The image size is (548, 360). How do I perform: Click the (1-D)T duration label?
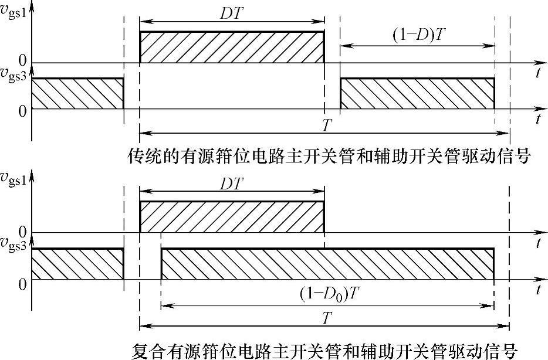[419, 36]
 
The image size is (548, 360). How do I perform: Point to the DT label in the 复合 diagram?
[231, 182]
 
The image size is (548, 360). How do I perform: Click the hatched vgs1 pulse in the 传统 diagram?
[231, 47]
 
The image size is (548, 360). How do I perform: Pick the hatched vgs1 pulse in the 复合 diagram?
[231, 216]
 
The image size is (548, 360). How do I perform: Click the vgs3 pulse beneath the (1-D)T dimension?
[417, 93]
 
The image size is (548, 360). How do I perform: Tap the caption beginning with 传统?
[329, 157]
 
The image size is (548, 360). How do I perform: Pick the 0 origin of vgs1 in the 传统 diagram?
[22, 60]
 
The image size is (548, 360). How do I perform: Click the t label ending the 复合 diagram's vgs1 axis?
[537, 243]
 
